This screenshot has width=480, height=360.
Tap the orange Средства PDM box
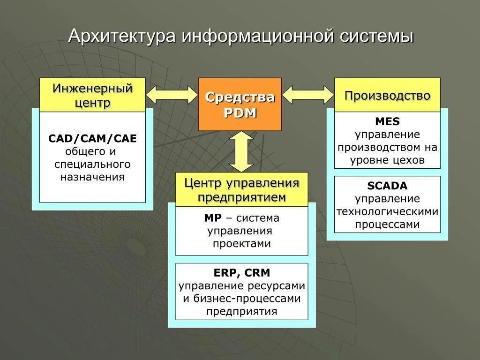(240, 104)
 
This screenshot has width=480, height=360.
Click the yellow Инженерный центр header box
(92, 95)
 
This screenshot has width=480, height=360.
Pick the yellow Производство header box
(387, 95)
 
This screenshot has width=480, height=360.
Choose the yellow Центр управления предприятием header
(241, 189)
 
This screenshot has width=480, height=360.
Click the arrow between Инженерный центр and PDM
(172, 95)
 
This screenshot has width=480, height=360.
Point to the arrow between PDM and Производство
(307, 95)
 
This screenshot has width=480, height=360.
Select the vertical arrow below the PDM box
(241, 151)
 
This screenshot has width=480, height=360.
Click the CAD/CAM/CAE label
(92, 139)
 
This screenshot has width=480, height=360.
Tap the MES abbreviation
(387, 122)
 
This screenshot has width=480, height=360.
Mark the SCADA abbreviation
(387, 186)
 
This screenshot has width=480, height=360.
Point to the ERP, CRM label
(241, 273)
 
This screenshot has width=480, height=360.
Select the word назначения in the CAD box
(92, 177)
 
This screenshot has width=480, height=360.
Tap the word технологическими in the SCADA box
(387, 211)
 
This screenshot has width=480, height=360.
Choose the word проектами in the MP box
(241, 244)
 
